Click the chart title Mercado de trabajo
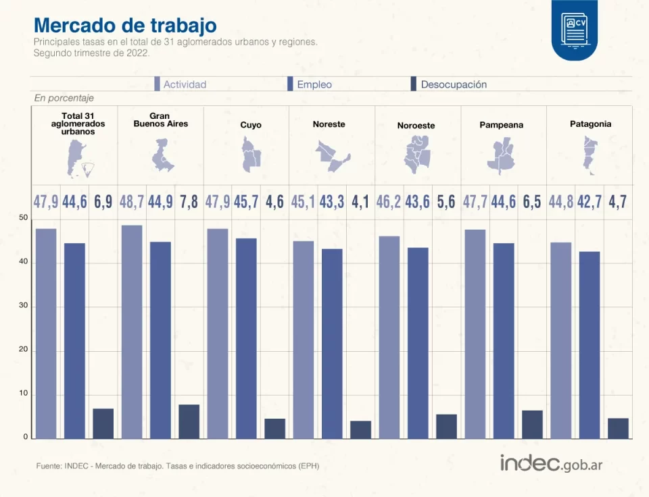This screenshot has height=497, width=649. tap(125, 25)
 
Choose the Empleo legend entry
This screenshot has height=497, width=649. tap(310, 84)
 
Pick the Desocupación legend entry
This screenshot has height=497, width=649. tap(449, 84)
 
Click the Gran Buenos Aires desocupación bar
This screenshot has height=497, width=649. tap(189, 422)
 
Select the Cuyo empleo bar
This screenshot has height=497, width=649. tap(246, 338)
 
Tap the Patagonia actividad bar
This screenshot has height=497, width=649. tap(560, 340)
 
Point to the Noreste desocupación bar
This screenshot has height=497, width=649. tap(360, 430)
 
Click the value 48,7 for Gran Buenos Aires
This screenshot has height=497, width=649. tap(131, 201)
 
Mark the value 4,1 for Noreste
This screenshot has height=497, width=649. tap(360, 201)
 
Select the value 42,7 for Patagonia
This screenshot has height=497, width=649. tap(589, 201)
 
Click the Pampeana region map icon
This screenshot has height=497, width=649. tap(502, 154)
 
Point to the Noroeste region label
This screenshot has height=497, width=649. tap(416, 126)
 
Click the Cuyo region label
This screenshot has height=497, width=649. tap(250, 125)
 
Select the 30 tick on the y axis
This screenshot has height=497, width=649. tap(24, 306)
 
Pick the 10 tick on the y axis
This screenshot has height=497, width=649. tap(24, 394)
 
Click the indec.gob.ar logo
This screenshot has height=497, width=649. tap(551, 464)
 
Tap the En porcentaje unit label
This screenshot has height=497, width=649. tap(64, 99)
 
